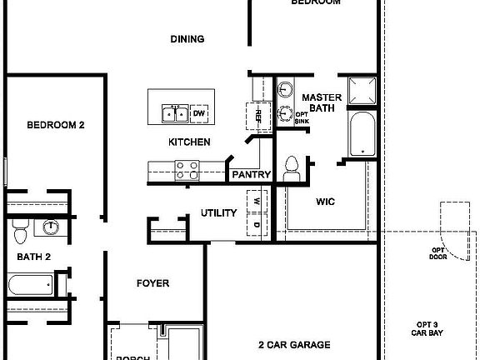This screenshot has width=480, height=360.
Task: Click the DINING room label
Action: pos(187,39)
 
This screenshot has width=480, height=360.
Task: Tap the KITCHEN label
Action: pos(189,142)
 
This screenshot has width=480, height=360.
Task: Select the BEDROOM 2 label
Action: pos(56,126)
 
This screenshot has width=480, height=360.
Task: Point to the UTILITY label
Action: pos(218,213)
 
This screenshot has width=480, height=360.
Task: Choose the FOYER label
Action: pos(152,283)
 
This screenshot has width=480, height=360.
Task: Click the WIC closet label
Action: pos(325,202)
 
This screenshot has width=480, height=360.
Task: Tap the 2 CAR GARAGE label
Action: pos(294,344)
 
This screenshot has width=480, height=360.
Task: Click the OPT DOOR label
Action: pos(438,253)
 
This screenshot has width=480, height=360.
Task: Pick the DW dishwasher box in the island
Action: pos(199,112)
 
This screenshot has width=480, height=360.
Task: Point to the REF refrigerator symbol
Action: pos(257,116)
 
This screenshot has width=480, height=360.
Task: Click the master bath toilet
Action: pos(291,167)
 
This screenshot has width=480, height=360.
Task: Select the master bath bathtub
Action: pos(361,133)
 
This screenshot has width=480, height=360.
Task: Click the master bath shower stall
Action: pos(362,92)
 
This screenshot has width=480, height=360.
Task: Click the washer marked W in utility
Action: pos(256,202)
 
